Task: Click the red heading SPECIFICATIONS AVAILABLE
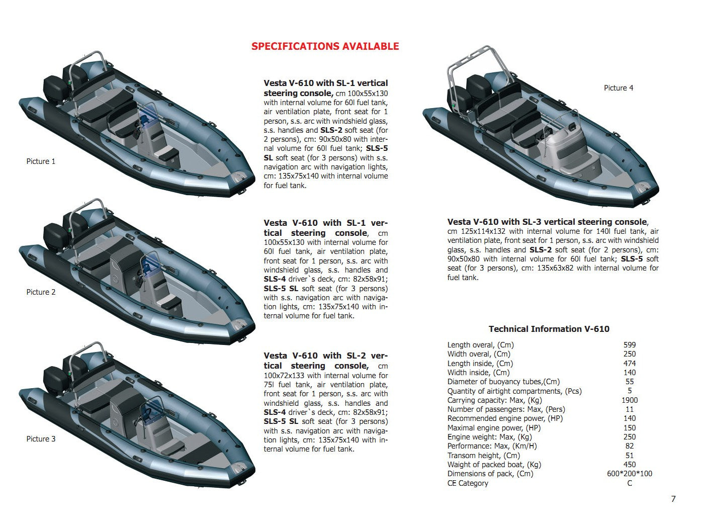[325, 46]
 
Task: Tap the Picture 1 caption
[41, 161]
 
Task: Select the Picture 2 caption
[41, 292]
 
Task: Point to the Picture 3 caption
[41, 439]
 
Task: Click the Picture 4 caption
[618, 88]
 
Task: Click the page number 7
[673, 499]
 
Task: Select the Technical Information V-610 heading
[549, 329]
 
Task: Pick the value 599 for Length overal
[629, 345]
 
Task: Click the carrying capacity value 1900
[629, 400]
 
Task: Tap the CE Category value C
[630, 483]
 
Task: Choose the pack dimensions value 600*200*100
[629, 474]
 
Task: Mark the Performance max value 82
[629, 446]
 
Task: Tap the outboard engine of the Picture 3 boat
[55, 380]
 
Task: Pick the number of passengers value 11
[629, 409]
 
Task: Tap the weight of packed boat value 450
[629, 465]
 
